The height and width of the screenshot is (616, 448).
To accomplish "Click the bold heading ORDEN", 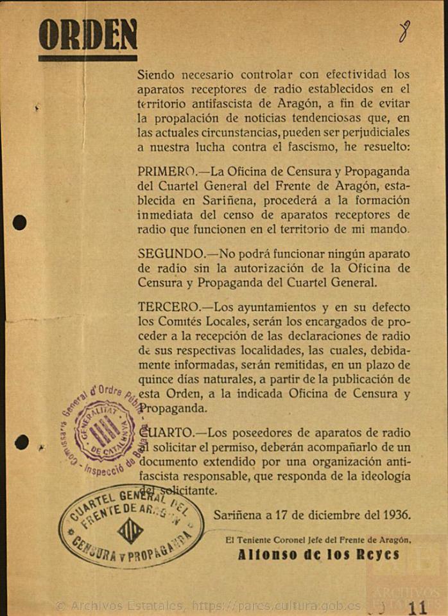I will coord(88,35).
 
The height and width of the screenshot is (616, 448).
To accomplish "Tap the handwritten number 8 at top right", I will coord(404,30).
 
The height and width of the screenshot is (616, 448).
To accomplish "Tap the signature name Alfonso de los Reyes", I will coord(318,555).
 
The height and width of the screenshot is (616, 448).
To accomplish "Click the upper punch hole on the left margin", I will coord(20,223).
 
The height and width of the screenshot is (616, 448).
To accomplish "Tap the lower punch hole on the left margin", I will coord(21,442).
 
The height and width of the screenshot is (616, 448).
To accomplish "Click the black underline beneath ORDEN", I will coord(87,58).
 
